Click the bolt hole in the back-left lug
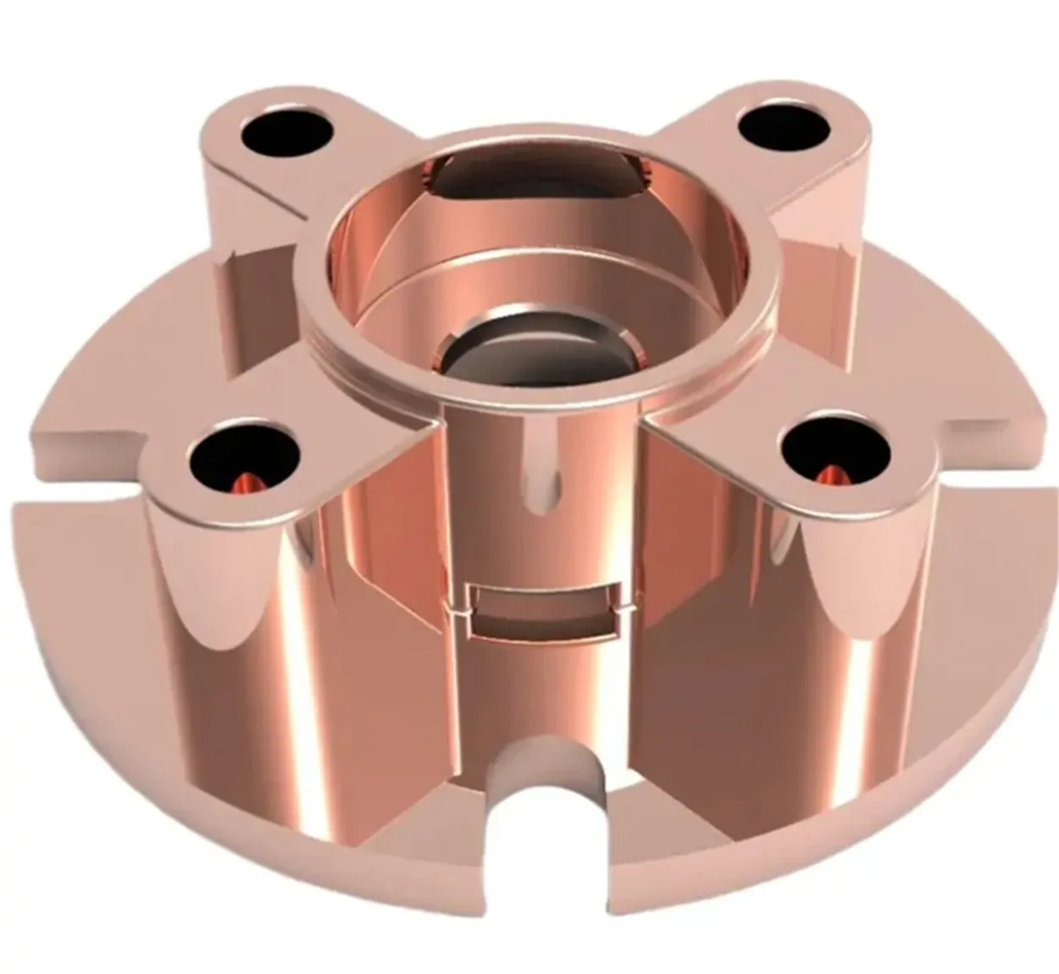coord(286,131)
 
